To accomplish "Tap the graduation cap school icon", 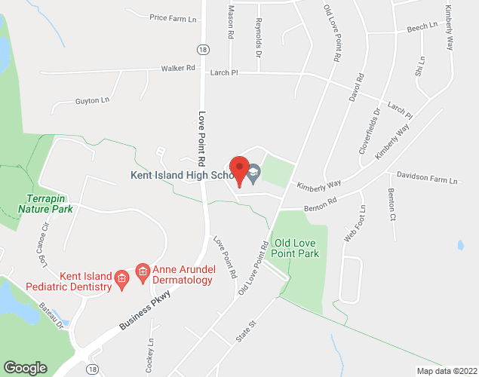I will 254,175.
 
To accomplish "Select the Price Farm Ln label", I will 173,17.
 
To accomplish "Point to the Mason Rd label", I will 231,25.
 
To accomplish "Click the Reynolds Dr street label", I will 258,38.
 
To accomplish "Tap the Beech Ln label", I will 422,26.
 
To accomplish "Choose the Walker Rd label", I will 178,68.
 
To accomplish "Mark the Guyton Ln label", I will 92,100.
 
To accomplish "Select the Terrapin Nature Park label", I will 45,203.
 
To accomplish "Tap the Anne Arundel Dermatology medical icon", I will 141,270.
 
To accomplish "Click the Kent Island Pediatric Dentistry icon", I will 121,280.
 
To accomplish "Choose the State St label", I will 246,331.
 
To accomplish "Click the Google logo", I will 25,368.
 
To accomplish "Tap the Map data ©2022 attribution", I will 446,371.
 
